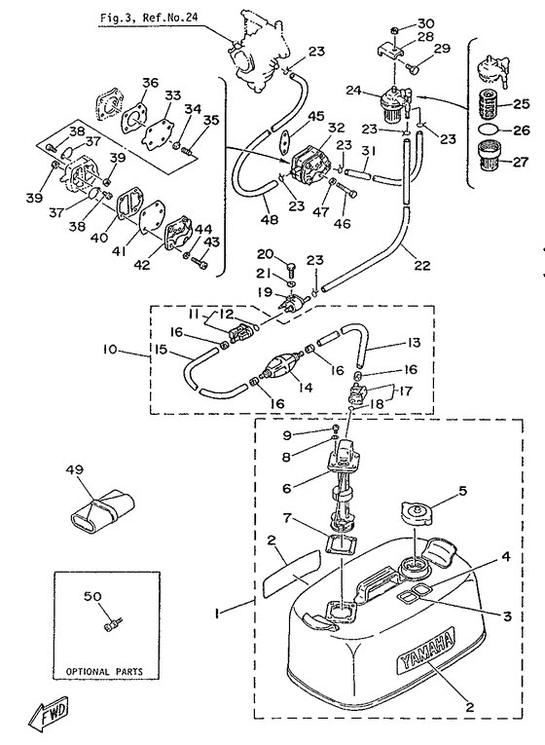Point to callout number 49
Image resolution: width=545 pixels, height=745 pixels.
[75, 470]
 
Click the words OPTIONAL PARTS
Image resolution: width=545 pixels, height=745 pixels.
[104, 672]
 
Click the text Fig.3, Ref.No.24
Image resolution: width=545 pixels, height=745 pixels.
[149, 19]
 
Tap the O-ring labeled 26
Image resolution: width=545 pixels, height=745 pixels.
[489, 130]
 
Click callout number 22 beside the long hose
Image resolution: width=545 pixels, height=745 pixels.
[422, 265]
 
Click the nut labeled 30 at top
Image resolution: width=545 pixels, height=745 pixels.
[395, 31]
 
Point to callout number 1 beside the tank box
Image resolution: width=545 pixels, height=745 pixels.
[216, 614]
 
